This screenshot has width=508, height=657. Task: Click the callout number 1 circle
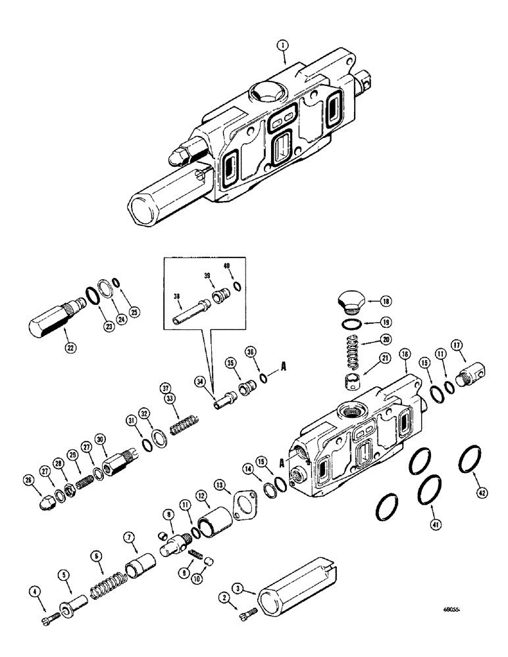pyautogui.click(x=282, y=45)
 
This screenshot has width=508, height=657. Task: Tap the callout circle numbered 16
pyautogui.click(x=404, y=354)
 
